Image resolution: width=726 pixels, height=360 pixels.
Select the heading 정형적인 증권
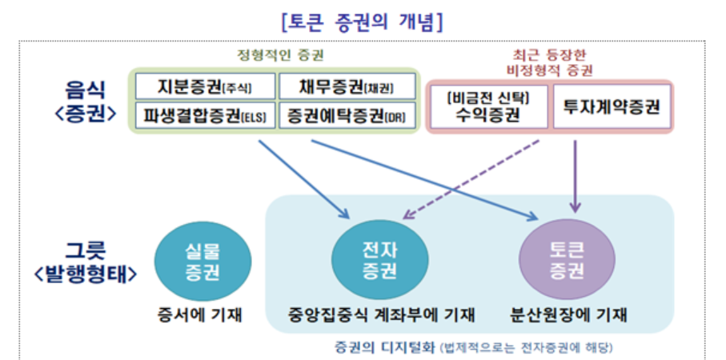coord(274,55)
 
